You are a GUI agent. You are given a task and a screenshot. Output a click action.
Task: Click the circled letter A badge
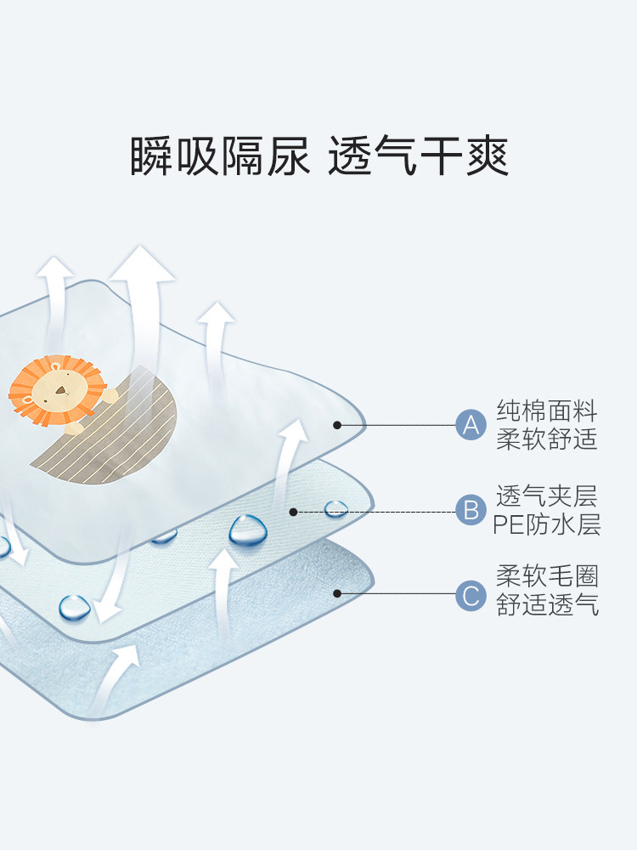[x=470, y=424]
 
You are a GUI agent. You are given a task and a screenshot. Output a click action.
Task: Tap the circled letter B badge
[x=470, y=511]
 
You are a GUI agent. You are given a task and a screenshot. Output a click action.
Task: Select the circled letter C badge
[x=470, y=593]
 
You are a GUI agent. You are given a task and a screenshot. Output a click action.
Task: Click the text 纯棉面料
[x=547, y=412]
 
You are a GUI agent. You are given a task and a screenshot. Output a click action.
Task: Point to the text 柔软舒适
[x=547, y=439]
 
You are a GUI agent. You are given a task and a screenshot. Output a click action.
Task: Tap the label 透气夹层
[x=547, y=496]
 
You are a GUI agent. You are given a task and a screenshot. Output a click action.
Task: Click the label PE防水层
[x=547, y=524]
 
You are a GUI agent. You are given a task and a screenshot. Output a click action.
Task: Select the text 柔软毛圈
[x=547, y=577]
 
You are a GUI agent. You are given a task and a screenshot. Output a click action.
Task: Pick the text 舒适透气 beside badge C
[x=547, y=605]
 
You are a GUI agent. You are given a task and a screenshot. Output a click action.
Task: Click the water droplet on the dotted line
[x=336, y=508]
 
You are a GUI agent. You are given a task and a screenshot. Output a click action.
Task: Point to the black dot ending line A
[x=337, y=424]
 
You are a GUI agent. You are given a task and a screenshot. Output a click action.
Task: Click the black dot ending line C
[x=337, y=593]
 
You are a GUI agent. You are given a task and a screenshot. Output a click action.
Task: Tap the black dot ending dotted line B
[x=293, y=512]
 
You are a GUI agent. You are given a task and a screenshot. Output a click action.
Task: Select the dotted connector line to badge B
[x=399, y=512]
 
